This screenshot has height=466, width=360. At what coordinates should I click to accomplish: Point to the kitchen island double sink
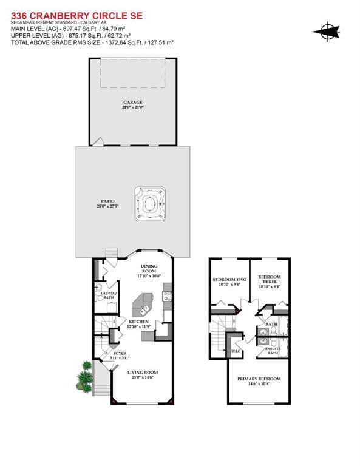(x=146, y=300)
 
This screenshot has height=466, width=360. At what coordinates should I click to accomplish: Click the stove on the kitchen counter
(x=167, y=297)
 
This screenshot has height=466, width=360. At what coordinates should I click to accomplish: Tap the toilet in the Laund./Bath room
(x=99, y=288)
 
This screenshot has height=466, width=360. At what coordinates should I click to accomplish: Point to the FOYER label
(x=120, y=353)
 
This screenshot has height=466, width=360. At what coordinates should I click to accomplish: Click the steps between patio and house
(x=111, y=252)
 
